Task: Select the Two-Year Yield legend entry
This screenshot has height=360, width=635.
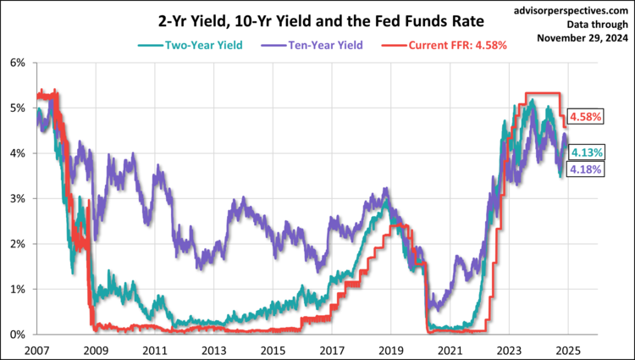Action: (191, 44)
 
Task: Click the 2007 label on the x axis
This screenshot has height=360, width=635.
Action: (36, 349)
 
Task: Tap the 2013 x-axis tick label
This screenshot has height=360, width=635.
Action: (213, 349)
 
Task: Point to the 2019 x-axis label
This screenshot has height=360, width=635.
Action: (390, 349)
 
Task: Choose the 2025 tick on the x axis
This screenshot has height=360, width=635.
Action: (567, 349)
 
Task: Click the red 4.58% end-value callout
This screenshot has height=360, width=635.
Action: (584, 117)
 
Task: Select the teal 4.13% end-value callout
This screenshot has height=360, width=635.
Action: (586, 152)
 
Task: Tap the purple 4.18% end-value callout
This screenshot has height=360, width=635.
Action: (586, 170)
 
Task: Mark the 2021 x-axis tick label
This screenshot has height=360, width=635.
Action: (450, 349)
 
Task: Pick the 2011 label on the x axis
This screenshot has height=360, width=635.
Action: (153, 349)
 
